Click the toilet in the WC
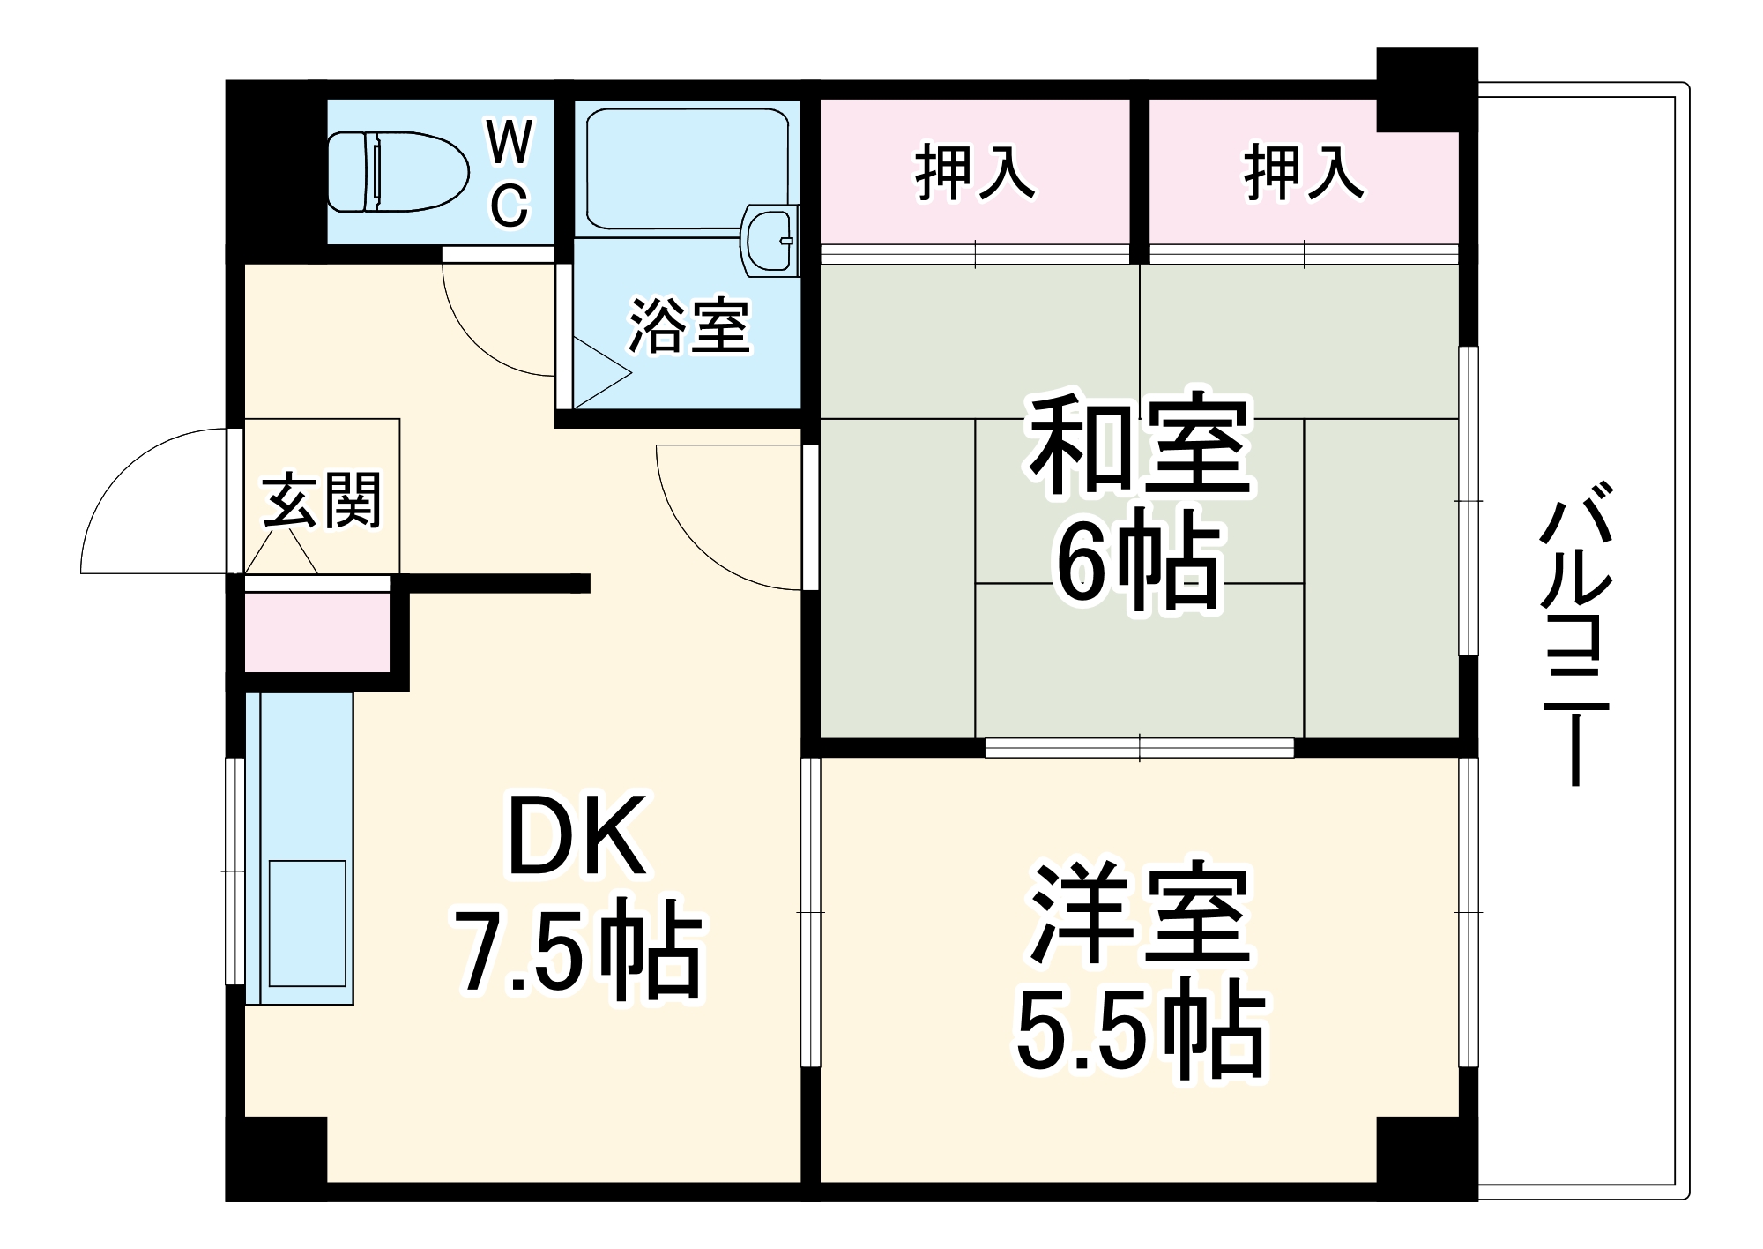397,171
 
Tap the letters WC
510,174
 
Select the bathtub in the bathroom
686,168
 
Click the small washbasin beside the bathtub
770,240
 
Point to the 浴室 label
688,325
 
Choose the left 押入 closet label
974,173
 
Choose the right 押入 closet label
1303,173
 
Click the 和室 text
1140,446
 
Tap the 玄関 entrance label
322,500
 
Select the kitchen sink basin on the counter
307,923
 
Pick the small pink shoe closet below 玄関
316,632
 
